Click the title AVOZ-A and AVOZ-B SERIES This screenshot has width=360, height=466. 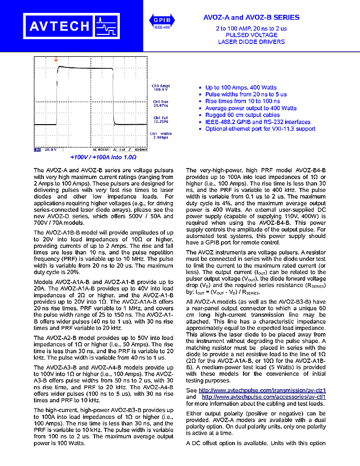click(251, 17)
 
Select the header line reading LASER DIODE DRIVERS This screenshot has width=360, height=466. click(251, 42)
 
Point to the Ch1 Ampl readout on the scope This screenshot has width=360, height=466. click(160, 88)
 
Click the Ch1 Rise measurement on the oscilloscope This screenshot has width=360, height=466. click(160, 104)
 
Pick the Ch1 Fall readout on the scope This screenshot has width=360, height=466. click(160, 119)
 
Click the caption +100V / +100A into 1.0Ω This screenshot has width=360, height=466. click(103, 157)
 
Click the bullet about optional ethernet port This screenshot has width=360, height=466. click(260, 129)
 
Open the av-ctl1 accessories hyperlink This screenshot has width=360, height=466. click(264, 397)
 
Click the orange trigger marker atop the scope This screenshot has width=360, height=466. click(56, 60)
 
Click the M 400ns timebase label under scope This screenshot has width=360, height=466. click(101, 149)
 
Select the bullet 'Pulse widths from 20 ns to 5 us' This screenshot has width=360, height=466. click(246, 95)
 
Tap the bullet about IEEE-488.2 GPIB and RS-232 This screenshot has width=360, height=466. click(257, 122)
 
